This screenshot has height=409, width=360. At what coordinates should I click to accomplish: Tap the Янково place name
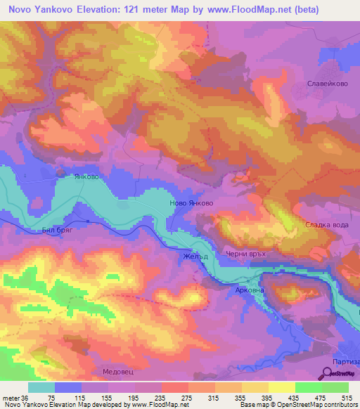tap(84, 177)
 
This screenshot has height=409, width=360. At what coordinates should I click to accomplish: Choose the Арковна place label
tap(250, 289)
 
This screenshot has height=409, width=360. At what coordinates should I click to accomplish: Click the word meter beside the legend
tap(12, 397)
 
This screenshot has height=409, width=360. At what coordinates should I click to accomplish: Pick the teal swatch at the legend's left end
tap(41, 387)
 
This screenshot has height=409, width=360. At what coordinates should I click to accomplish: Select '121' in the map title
tap(124, 10)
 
